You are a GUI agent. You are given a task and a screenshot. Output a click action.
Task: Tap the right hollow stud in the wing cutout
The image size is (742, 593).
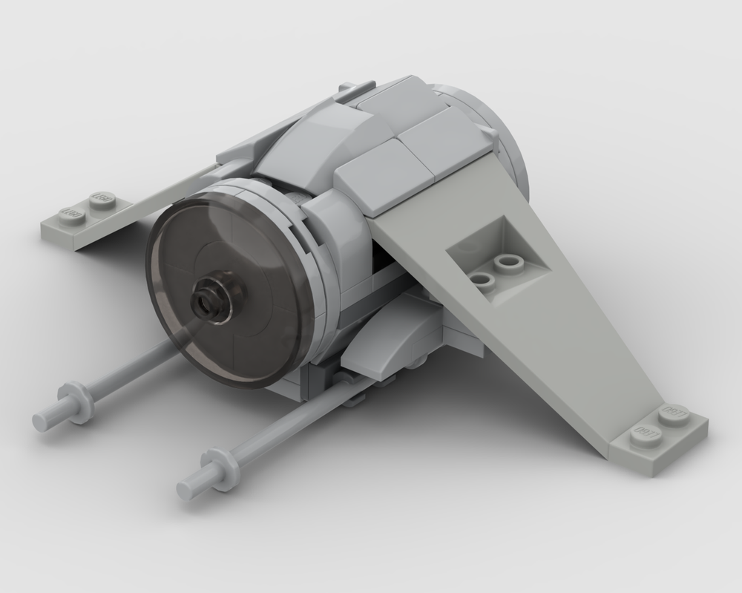[x=509, y=262]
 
